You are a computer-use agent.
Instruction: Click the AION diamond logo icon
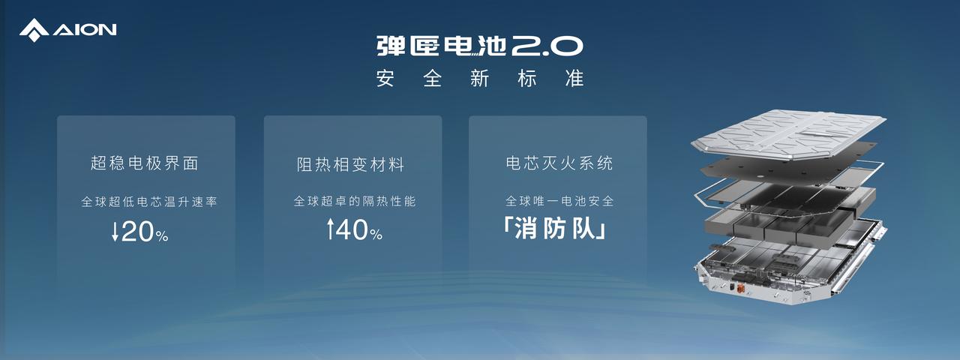coord(34,30)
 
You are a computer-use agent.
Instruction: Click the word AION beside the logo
coord(85,30)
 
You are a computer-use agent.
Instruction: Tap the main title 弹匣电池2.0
coord(479,46)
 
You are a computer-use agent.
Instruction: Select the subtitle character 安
coord(385,79)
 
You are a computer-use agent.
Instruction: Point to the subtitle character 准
coord(574,79)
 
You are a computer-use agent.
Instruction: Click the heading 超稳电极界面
coord(145,163)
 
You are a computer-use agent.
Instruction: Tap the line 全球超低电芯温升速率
coord(149,202)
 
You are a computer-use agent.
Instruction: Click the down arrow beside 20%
coord(115,232)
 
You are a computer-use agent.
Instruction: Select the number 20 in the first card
coord(138,232)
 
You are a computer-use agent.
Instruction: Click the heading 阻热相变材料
coord(350,164)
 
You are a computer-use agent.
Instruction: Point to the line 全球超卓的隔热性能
coord(355,201)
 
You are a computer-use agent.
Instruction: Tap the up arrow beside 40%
coord(330,229)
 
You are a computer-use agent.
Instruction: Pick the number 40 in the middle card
coord(352,229)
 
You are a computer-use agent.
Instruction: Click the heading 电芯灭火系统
coord(559,163)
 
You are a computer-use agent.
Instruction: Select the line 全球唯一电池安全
coord(559,201)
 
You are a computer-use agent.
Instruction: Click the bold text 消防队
coord(556,229)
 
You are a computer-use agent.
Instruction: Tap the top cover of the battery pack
coord(788,133)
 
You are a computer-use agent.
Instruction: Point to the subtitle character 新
coord(479,79)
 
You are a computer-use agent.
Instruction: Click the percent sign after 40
coord(376,234)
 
